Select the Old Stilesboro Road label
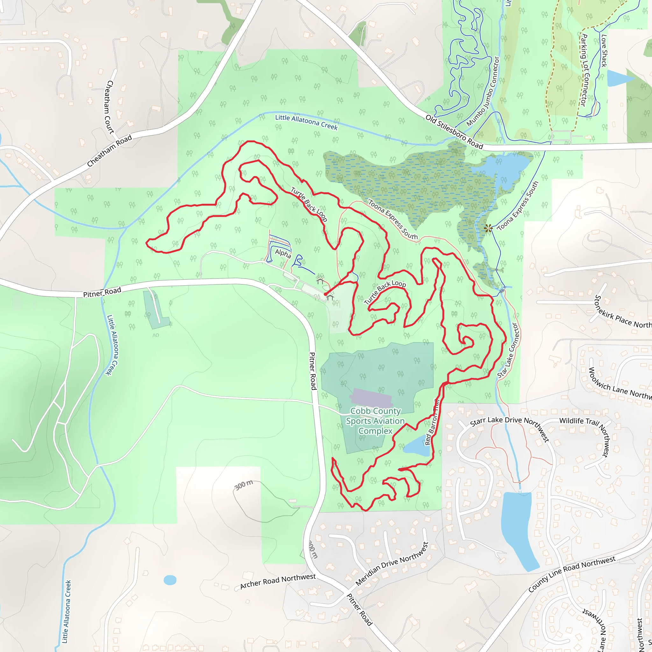pos(454,132)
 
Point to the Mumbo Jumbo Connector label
pos(483,91)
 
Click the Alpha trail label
pos(283,253)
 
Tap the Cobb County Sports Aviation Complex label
pos(375,421)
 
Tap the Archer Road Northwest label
pos(278,581)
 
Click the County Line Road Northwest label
pos(572,574)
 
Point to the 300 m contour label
pos(244,485)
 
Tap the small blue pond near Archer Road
pos(170,580)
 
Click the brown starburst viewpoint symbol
pos(488,229)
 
